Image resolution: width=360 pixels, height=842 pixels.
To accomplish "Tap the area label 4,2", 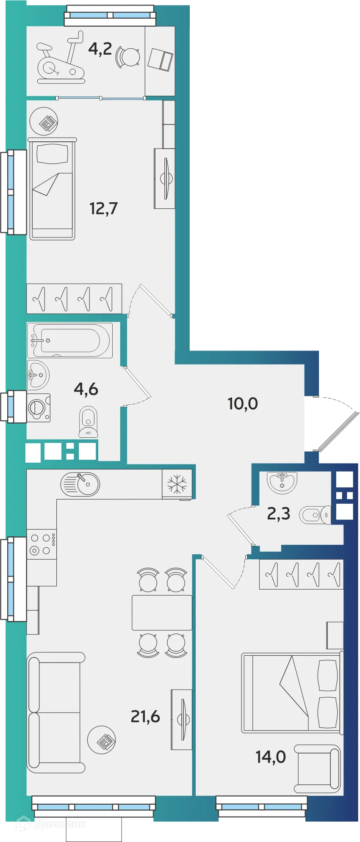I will pyautogui.click(x=100, y=49).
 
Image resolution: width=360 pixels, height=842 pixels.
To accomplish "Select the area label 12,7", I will pyautogui.click(x=103, y=208).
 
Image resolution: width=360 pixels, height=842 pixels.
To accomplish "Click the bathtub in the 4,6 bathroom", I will pyautogui.click(x=70, y=340).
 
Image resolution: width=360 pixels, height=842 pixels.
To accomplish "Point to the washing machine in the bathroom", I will pyautogui.click(x=39, y=408).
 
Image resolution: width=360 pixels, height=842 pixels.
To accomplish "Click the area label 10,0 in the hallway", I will pyautogui.click(x=243, y=403).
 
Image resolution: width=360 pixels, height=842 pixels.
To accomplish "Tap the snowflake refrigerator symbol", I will pyautogui.click(x=177, y=484).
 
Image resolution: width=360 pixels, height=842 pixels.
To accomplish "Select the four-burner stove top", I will pyautogui.click(x=42, y=544).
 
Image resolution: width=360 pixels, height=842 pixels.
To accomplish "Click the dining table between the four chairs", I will pyautogui.click(x=162, y=613).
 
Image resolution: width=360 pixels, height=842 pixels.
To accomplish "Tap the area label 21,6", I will pyautogui.click(x=145, y=716).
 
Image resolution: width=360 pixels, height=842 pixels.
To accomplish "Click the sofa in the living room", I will pyautogui.click(x=55, y=712).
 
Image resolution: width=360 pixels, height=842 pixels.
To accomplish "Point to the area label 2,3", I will pyautogui.click(x=278, y=513).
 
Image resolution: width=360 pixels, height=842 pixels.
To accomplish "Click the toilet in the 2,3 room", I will pyautogui.click(x=316, y=515).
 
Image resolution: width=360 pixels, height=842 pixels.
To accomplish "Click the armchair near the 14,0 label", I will pyautogui.click(x=318, y=769).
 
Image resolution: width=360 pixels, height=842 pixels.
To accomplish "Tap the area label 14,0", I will pyautogui.click(x=270, y=756).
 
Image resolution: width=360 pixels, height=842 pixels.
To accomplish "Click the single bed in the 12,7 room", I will pyautogui.click(x=53, y=189).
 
